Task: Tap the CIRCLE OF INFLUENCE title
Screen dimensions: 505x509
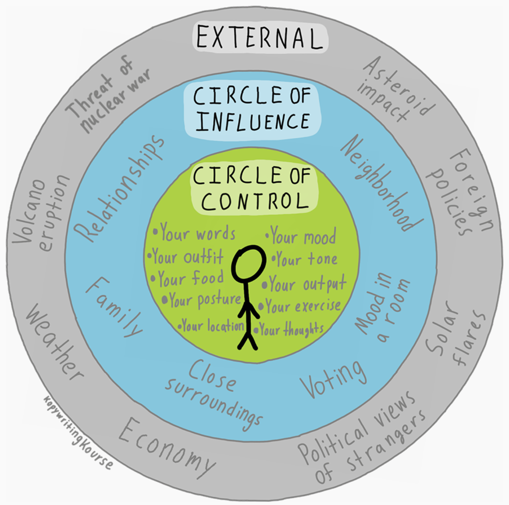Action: click(x=252, y=109)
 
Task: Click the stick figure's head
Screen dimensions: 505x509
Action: click(x=249, y=263)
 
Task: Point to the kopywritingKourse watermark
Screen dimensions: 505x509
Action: click(x=78, y=432)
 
